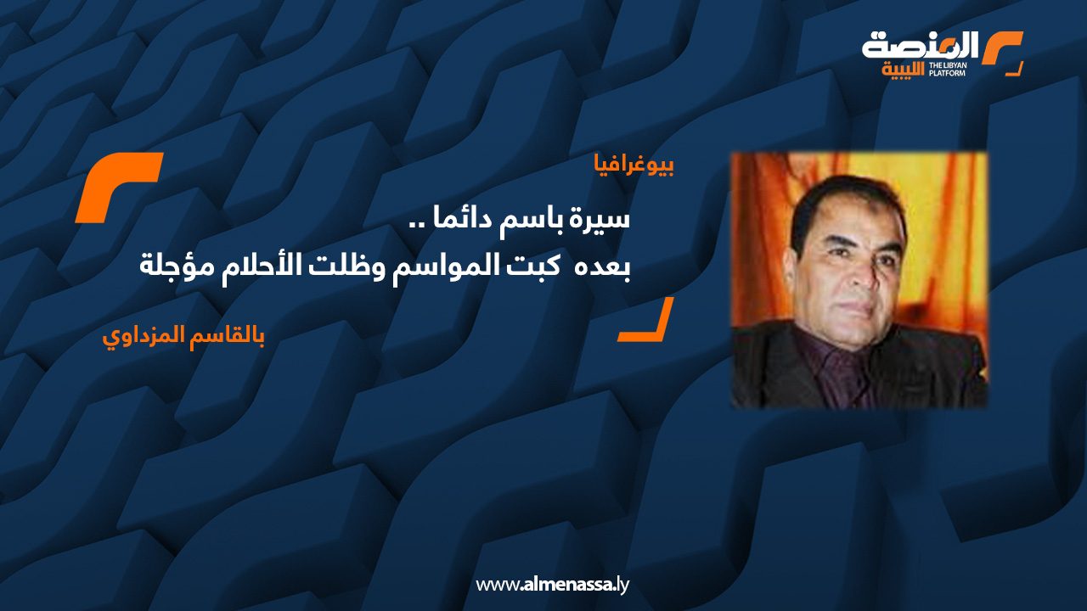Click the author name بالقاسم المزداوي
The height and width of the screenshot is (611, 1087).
183,335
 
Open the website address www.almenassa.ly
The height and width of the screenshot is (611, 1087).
552,585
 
